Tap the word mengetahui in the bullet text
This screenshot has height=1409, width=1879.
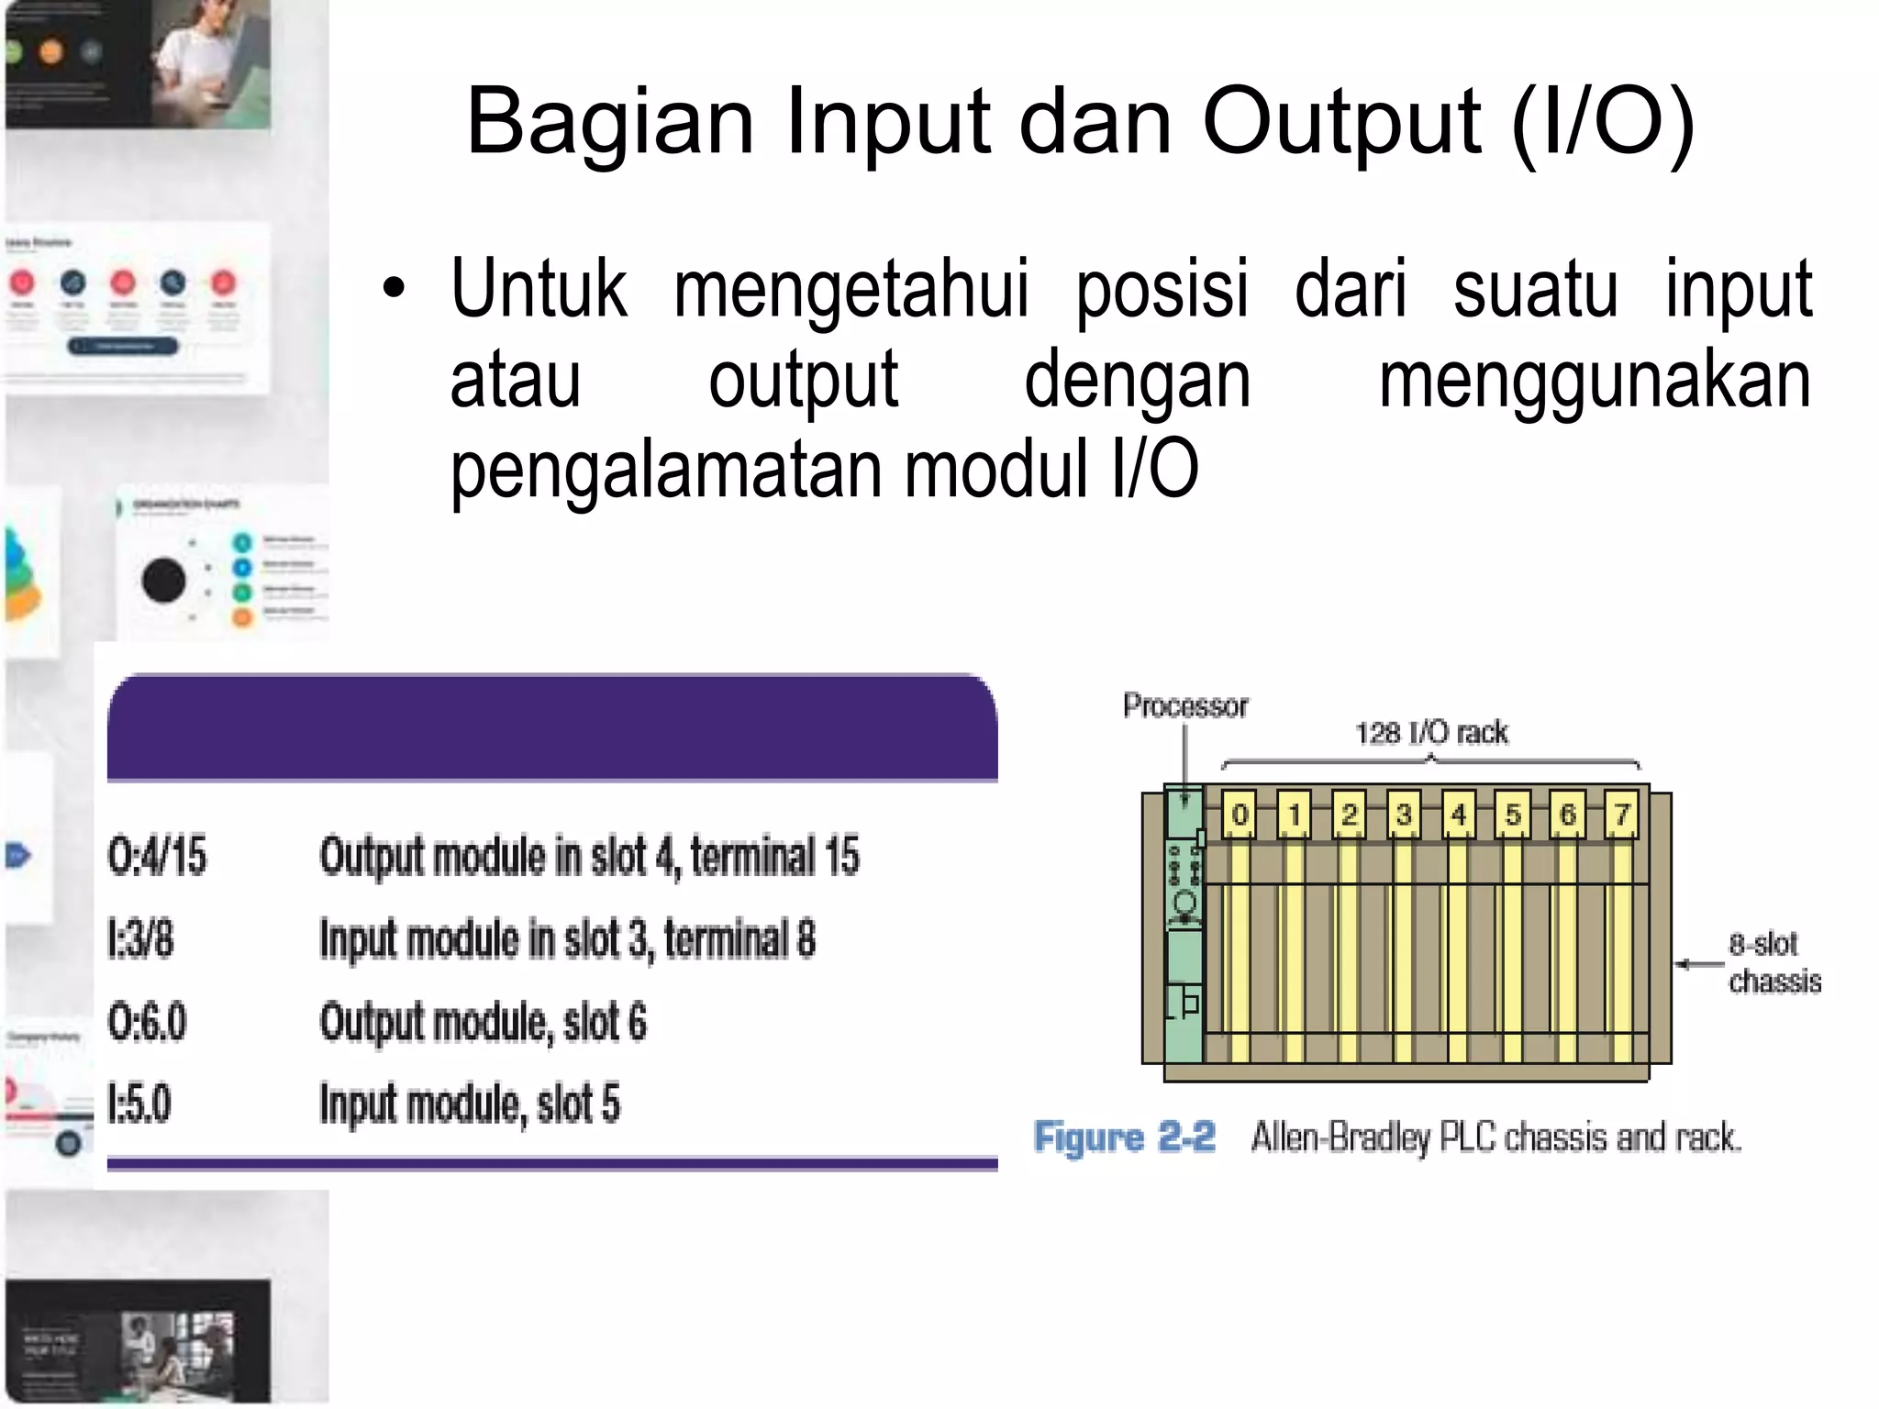851,289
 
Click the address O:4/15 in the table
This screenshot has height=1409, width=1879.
157,856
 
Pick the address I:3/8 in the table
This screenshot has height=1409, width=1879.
140,939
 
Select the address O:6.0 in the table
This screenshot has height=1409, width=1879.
147,1022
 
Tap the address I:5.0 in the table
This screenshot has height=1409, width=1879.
139,1104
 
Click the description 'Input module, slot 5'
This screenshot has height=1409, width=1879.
470,1104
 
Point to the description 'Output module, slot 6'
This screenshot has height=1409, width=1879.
483,1022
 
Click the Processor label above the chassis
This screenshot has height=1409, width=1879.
1185,705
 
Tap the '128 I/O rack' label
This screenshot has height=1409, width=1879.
1431,733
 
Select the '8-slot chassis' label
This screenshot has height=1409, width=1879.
1773,962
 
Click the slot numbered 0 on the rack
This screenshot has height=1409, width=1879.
1240,815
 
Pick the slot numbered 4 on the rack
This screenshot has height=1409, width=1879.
1458,815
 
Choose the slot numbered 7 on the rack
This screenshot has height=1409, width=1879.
1621,815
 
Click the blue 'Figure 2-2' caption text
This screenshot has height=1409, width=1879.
1124,1137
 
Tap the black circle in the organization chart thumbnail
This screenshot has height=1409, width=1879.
164,581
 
